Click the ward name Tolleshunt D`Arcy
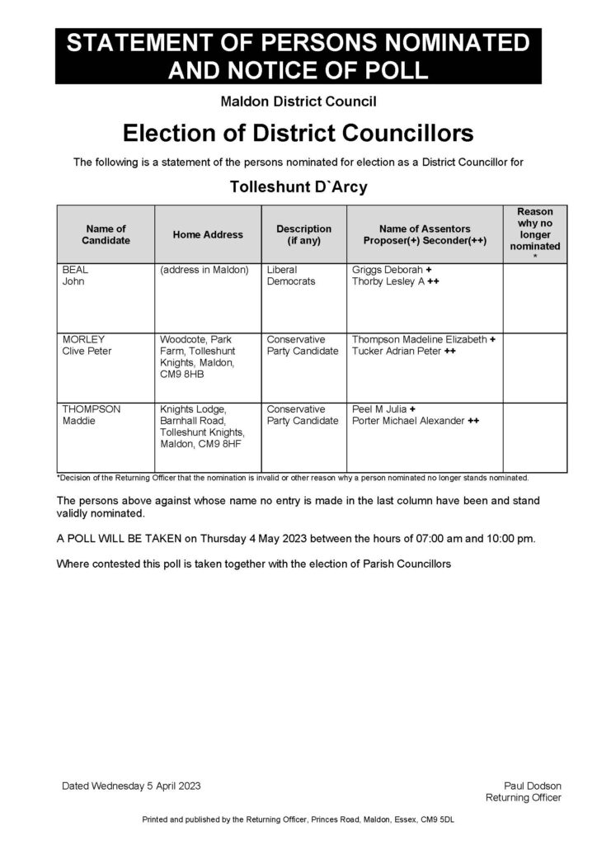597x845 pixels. point(298,186)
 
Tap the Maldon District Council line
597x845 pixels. point(298,102)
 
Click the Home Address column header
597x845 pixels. point(208,234)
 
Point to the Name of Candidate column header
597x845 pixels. point(106,234)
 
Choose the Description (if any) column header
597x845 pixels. point(303,234)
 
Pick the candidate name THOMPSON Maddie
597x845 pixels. point(92,415)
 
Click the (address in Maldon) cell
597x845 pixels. point(204,269)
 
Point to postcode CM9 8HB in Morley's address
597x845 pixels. point(182,375)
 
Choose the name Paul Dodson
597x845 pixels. point(533,786)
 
